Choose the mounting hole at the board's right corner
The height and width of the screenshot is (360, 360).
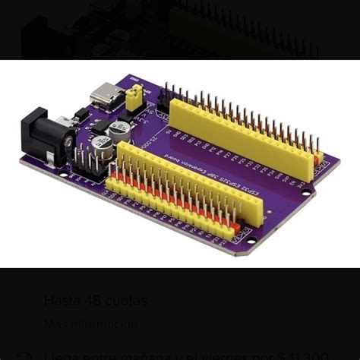coord(306,191)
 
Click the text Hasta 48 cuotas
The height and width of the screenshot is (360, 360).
coord(95,300)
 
